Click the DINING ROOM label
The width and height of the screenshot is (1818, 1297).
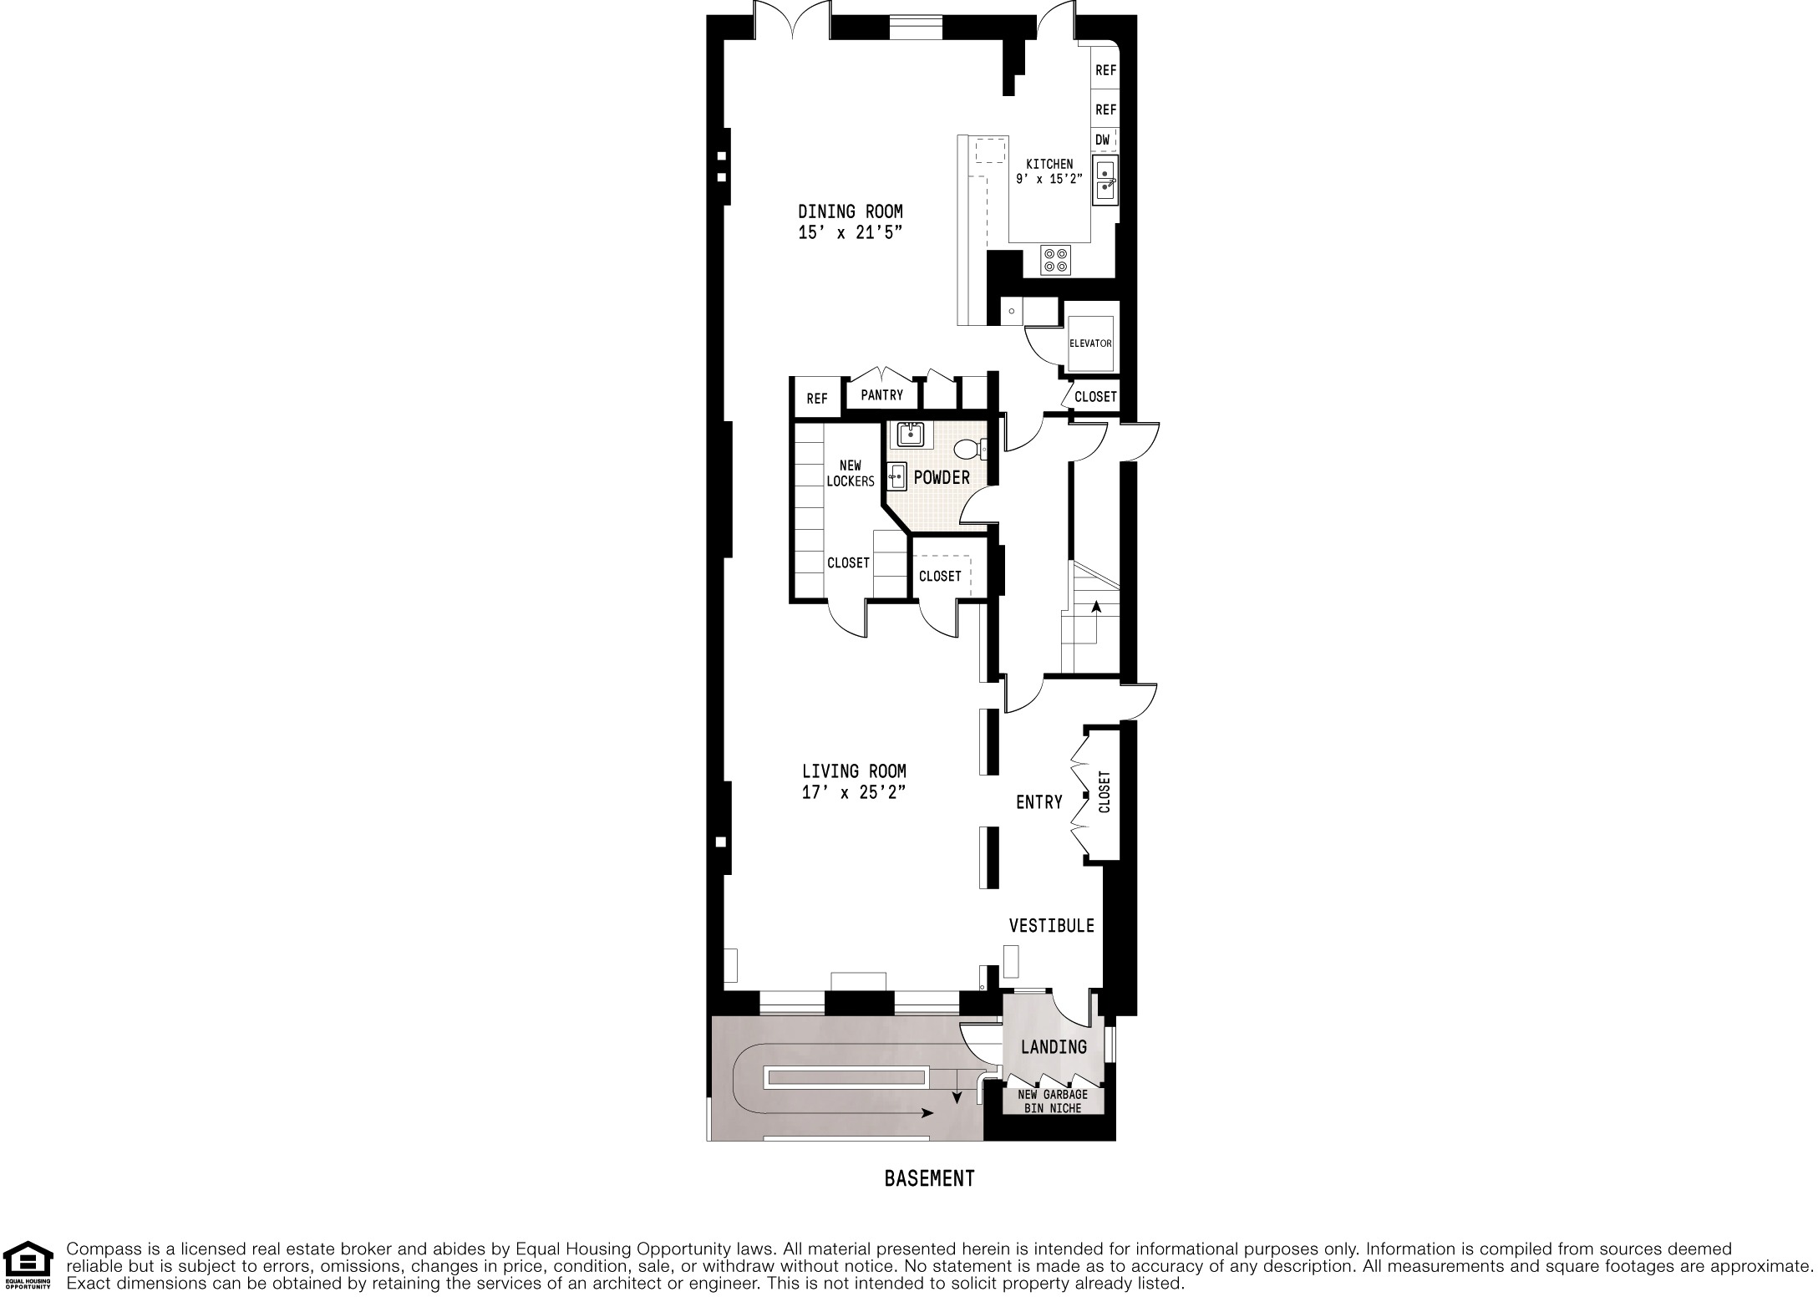[850, 212]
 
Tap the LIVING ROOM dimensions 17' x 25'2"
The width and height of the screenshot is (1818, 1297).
[853, 793]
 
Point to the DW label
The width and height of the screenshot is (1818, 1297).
[1102, 140]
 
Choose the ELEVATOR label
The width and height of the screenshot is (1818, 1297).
[1090, 343]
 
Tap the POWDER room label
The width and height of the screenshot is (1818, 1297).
[942, 477]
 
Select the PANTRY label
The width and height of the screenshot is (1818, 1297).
[881, 395]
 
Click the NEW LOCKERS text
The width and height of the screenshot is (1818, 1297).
[850, 474]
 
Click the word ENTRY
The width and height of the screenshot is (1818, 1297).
[1038, 802]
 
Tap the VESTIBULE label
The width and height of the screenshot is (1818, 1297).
[1051, 926]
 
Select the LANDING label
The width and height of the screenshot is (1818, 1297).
[1054, 1047]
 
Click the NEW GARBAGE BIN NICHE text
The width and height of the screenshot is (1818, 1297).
[1053, 1101]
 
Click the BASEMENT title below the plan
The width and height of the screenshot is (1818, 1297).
[929, 1179]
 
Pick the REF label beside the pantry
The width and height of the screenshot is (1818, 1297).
[816, 399]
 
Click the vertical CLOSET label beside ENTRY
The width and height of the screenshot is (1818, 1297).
[1105, 791]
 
